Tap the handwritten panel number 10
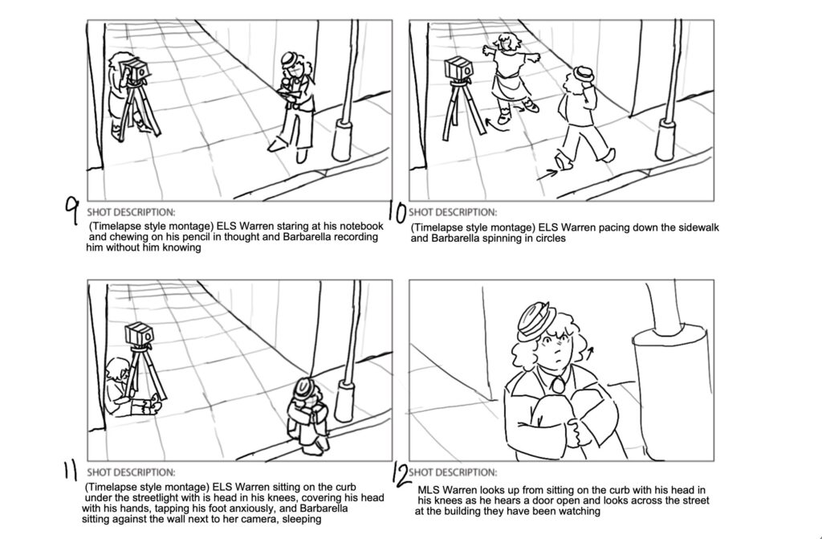(397, 212)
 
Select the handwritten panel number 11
(70, 470)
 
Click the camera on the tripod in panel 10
(458, 69)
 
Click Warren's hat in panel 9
(289, 59)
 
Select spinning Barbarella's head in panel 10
(507, 43)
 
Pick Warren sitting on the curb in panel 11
(307, 415)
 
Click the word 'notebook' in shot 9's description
(362, 227)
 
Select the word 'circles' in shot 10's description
(549, 238)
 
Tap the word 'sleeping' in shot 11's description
(302, 519)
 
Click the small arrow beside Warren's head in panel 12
(590, 353)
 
